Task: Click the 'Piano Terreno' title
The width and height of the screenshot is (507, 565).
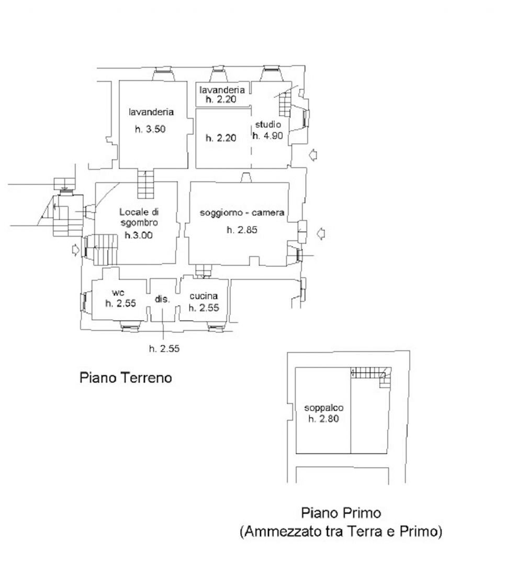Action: [126, 378]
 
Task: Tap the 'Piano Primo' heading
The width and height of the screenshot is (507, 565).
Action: [341, 512]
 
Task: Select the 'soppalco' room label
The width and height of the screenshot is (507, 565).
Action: [323, 408]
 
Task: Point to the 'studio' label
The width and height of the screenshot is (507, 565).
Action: [268, 125]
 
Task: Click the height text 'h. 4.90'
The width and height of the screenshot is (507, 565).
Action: [268, 136]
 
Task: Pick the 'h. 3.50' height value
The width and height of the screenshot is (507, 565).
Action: [150, 129]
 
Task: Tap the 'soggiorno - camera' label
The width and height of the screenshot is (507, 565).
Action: [242, 212]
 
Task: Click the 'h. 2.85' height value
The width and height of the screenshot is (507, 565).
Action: [242, 230]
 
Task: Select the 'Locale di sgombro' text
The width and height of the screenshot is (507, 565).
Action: [139, 217]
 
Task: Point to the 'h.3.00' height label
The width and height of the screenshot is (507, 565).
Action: [139, 235]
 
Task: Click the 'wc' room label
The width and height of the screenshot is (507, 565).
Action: [118, 292]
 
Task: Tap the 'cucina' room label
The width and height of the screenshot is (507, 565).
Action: [204, 296]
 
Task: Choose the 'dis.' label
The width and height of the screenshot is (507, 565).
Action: [162, 299]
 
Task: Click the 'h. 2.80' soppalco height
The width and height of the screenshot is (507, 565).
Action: [323, 419]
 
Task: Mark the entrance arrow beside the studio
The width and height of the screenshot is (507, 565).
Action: [313, 155]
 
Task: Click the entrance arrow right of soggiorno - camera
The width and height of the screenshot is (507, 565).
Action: [321, 233]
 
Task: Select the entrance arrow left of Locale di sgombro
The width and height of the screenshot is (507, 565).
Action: [75, 250]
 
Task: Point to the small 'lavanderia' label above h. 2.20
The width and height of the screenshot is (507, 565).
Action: [222, 90]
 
